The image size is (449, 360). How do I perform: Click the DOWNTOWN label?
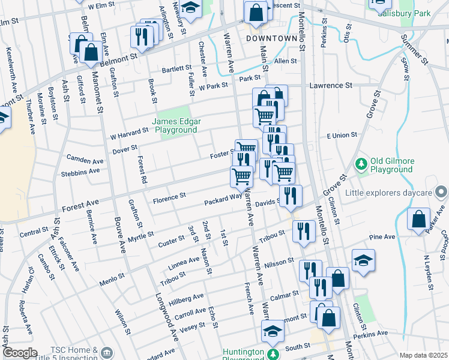pos(272,38)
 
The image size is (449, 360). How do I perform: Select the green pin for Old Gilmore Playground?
pos(361,163)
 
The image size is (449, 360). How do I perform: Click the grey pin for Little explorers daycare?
pos(441,193)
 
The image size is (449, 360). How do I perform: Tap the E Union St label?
pos(342,136)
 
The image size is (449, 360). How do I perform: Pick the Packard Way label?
pos(222,199)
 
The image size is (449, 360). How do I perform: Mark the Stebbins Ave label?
pos(80,172)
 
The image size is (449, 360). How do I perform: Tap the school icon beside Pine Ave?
pos(363,260)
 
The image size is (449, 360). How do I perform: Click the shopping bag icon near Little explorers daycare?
pos(418,219)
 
